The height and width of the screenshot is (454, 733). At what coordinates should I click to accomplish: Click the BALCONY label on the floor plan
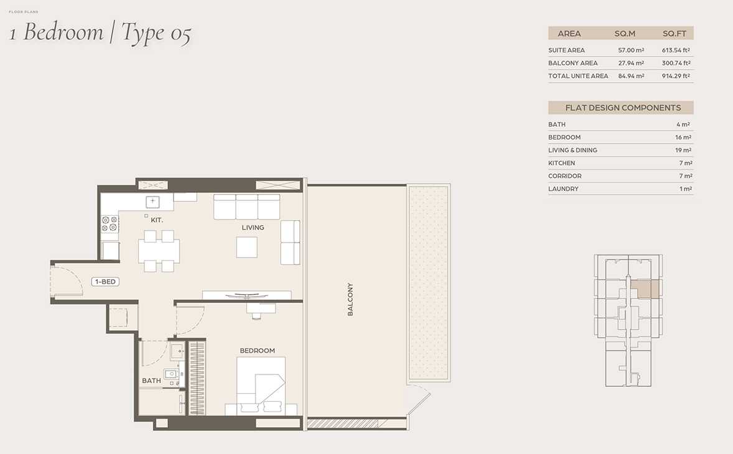(350, 299)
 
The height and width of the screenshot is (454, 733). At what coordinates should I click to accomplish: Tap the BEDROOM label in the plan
(257, 351)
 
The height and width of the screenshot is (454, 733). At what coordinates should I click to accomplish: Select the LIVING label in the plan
(253, 228)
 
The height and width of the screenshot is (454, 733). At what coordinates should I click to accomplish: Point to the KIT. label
(157, 220)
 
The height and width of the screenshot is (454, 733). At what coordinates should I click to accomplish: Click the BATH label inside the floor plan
(151, 381)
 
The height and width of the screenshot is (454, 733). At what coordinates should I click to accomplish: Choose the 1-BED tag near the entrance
(105, 282)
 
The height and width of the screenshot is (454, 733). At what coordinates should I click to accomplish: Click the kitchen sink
(153, 202)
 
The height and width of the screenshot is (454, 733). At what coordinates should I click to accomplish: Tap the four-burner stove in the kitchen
(110, 224)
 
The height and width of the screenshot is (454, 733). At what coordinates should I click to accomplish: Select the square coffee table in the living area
(247, 247)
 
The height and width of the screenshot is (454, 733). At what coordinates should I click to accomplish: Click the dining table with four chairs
(159, 251)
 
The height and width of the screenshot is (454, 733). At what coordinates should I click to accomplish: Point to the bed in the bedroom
(261, 386)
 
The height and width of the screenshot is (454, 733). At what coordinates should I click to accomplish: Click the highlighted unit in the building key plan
(645, 289)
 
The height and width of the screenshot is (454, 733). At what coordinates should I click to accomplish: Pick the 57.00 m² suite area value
(631, 50)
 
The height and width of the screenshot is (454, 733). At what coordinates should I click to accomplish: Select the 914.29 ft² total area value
(676, 76)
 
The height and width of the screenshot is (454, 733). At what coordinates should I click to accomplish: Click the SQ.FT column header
(675, 34)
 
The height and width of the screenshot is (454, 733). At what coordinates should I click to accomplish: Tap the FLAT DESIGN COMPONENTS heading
(623, 108)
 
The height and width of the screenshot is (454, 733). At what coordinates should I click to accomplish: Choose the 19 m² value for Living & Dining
(683, 150)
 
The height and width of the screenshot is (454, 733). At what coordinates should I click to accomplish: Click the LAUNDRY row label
(563, 188)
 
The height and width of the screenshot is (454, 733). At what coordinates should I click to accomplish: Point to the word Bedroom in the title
(63, 32)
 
